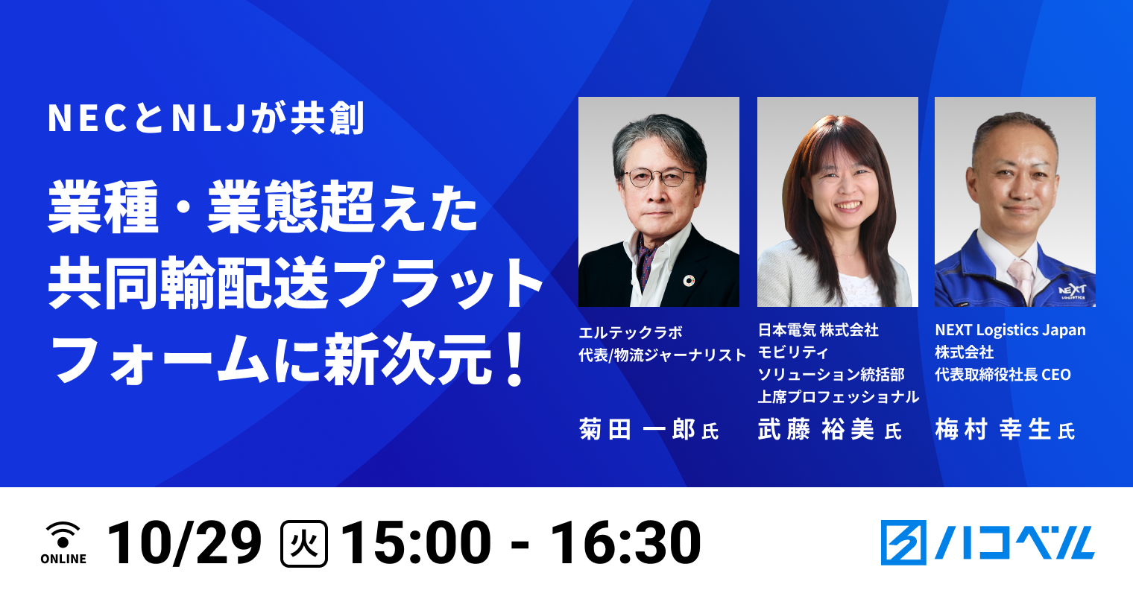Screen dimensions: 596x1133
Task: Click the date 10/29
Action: (184, 542)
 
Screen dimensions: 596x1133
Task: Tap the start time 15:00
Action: (416, 542)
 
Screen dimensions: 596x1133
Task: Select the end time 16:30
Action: (625, 542)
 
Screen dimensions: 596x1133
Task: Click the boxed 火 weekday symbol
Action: (303, 543)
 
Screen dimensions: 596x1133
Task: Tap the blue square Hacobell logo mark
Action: (903, 542)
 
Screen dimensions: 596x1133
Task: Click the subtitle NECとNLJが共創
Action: (206, 119)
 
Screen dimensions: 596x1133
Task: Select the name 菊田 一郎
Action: (637, 430)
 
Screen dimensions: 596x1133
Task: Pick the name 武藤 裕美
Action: (816, 430)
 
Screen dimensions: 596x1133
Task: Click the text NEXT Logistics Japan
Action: (1010, 330)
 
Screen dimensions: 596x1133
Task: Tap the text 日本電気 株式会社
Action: (818, 330)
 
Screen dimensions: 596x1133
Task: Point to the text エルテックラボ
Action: (631, 333)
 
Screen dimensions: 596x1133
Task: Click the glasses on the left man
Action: (659, 177)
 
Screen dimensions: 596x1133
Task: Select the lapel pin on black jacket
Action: (689, 280)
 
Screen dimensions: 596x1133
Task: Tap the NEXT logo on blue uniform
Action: (1073, 290)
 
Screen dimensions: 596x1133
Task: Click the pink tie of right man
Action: (1020, 280)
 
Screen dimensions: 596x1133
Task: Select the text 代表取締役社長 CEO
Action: (1003, 375)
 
